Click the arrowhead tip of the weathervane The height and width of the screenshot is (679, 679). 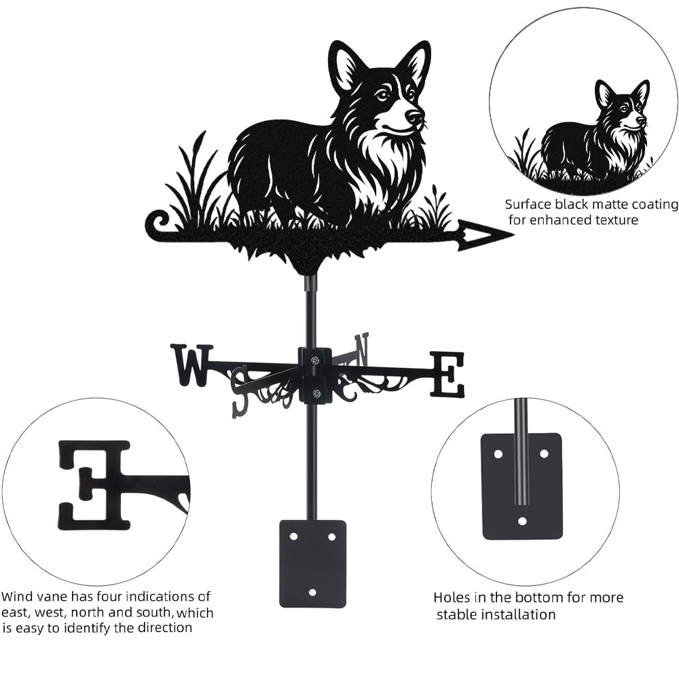pyautogui.click(x=513, y=235)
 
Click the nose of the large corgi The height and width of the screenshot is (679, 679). pyautogui.click(x=414, y=116)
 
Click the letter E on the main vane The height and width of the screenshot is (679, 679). pyautogui.click(x=447, y=375)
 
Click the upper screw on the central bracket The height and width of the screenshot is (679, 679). pyautogui.click(x=315, y=359)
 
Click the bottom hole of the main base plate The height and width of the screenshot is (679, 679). pyautogui.click(x=312, y=591)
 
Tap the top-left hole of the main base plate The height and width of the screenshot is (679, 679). pyautogui.click(x=294, y=536)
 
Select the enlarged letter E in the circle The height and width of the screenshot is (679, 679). pyautogui.click(x=94, y=486)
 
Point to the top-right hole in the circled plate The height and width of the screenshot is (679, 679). pyautogui.click(x=545, y=454)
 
